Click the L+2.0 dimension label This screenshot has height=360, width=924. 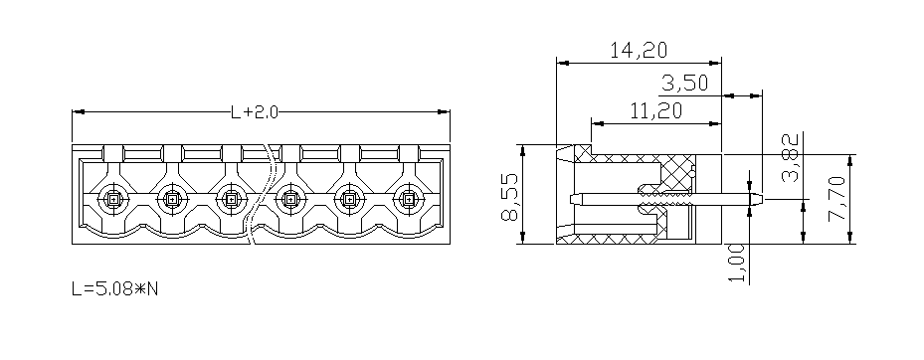click(254, 111)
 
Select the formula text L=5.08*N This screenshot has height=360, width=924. click(115, 288)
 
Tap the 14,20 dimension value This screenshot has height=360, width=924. click(639, 51)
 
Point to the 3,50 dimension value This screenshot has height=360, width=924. click(684, 84)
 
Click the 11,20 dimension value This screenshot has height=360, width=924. click(655, 110)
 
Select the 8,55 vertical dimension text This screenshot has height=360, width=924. click(509, 197)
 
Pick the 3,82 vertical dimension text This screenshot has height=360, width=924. click(792, 157)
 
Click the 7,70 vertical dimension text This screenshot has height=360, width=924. click(836, 199)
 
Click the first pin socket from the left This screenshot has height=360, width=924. click(113, 200)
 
